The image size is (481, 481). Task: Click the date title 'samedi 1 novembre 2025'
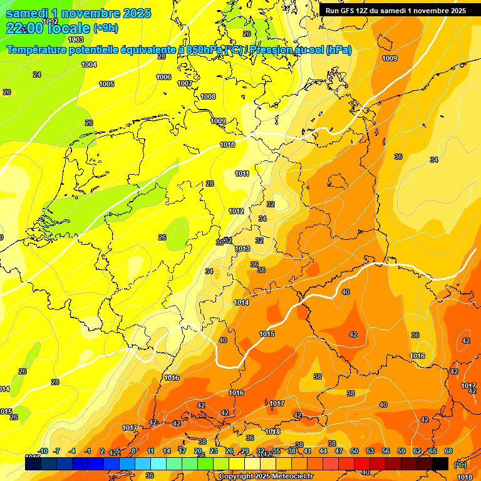78,13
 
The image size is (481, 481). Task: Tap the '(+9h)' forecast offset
105,28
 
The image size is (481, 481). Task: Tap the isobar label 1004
89,65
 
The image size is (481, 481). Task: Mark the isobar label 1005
106,84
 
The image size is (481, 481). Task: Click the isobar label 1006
163,77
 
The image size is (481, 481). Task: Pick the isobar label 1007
185,83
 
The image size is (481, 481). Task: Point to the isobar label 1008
208,96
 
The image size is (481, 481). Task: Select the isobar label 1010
228,145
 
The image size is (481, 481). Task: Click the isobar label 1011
242,173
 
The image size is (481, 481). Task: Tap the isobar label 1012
236,211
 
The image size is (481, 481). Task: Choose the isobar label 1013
243,249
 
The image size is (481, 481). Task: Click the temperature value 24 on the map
37,75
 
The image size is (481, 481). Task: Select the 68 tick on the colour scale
448,451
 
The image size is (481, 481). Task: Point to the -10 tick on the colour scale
43,451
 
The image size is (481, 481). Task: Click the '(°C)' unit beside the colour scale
460,464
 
